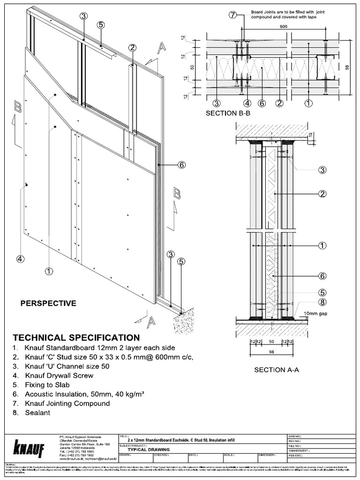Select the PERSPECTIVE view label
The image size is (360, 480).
click(48, 303)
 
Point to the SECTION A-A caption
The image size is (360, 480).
click(277, 369)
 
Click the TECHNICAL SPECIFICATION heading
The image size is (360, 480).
click(76, 337)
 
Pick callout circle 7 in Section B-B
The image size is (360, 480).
click(234, 15)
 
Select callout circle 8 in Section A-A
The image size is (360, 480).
click(322, 302)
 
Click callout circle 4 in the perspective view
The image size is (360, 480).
click(20, 258)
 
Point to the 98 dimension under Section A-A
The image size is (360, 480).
click(271, 352)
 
